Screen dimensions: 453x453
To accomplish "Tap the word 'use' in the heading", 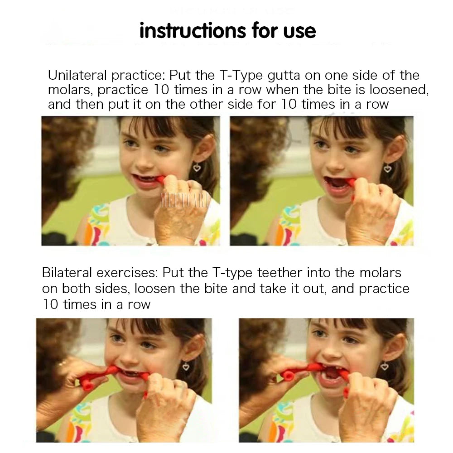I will coord(298,31).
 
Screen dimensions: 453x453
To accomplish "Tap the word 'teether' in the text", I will coord(280,273).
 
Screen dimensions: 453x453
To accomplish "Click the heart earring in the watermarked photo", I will coord(197,168).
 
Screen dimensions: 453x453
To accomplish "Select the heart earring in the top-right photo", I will coord(387,169).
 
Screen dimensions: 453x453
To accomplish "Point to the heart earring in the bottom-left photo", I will coord(186,366).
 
